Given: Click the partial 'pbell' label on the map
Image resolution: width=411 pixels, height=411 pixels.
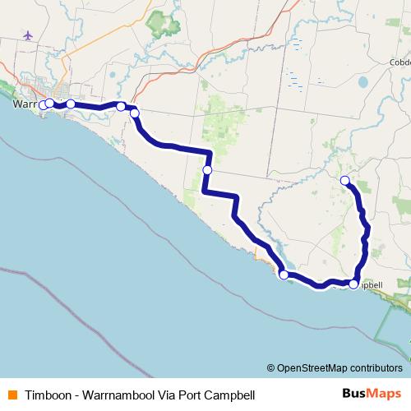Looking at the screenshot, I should click(x=372, y=284).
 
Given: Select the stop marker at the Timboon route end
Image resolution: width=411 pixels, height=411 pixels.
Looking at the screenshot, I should click(x=345, y=180).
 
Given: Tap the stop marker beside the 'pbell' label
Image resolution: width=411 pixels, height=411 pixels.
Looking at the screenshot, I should click(x=353, y=284).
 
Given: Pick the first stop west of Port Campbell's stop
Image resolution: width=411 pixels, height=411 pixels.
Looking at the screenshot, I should click(x=284, y=275).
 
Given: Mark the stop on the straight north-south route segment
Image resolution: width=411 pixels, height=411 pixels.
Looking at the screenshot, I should click(x=207, y=169).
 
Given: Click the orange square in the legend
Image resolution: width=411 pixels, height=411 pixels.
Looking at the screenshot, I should click(x=12, y=394).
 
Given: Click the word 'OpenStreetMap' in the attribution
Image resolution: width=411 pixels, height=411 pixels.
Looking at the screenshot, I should click(x=312, y=367).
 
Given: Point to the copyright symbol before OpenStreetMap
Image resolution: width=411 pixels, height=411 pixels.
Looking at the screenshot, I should click(x=271, y=367).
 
